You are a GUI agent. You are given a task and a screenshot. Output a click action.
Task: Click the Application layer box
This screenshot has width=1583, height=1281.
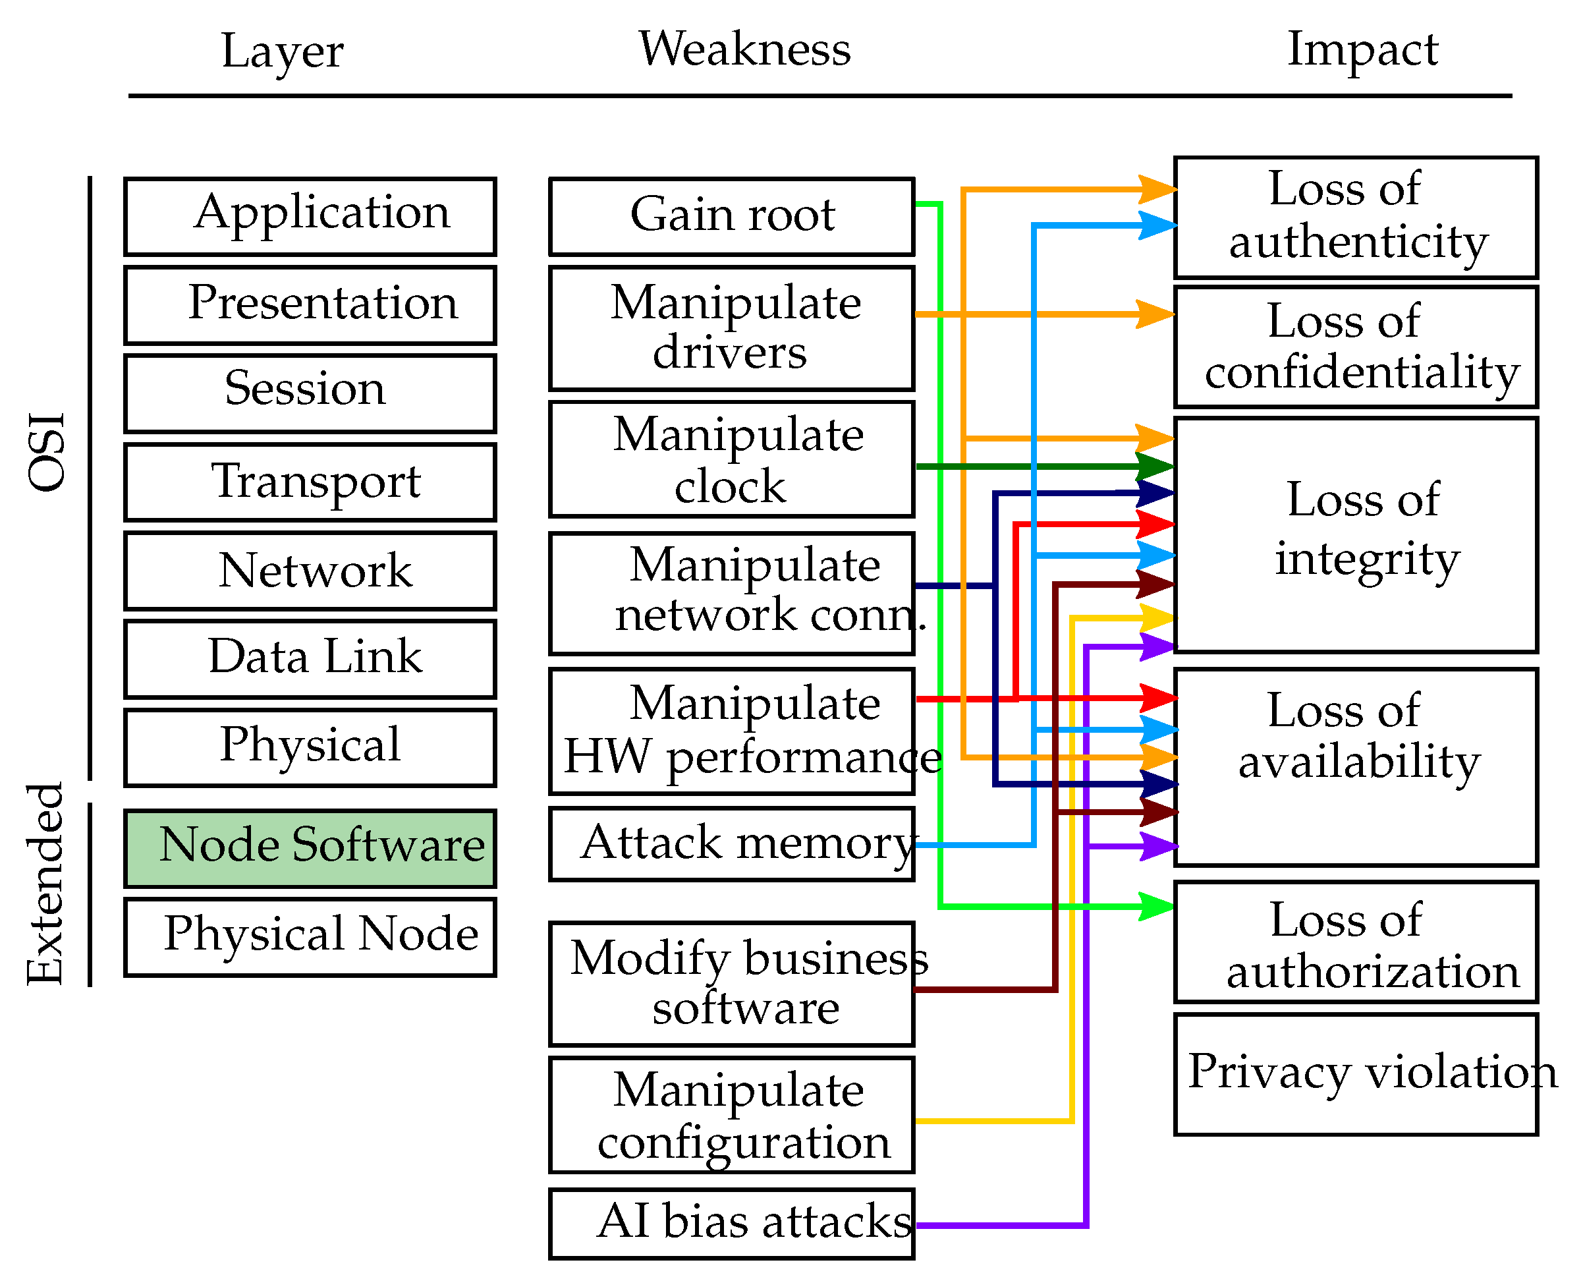click(310, 216)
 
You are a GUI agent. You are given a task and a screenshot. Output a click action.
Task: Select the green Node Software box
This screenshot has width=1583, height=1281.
click(310, 848)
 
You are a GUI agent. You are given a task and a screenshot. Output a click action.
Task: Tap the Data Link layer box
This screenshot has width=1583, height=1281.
click(310, 659)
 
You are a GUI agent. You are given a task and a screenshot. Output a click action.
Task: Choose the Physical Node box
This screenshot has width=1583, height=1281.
click(310, 937)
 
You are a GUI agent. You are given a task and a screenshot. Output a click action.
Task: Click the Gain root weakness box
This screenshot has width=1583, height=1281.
click(731, 216)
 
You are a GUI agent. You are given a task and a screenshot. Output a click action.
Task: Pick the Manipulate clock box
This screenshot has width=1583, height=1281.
click(731, 459)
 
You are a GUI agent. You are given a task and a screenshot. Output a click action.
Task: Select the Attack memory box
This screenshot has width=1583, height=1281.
click(731, 843)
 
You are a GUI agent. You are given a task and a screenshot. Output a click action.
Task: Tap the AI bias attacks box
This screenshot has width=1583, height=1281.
click(731, 1224)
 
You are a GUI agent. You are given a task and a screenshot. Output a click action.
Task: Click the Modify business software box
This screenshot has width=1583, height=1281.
click(731, 984)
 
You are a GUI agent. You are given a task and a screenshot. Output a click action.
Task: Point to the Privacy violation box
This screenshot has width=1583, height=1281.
click(1356, 1074)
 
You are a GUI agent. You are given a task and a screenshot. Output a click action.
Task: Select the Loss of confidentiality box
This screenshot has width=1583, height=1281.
click(1356, 347)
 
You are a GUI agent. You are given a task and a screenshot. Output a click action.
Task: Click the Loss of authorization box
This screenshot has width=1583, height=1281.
click(1356, 942)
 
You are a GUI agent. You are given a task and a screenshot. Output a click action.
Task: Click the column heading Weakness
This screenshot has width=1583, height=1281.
click(744, 49)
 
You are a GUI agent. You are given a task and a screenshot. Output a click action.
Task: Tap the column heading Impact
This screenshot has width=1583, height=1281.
click(1362, 49)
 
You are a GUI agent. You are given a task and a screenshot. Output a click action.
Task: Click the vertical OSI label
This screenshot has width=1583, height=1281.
click(45, 451)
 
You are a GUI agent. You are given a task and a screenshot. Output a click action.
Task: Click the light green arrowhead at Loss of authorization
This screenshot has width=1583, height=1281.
click(1156, 906)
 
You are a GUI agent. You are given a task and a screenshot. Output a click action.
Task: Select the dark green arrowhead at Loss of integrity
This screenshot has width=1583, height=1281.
click(1154, 467)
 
